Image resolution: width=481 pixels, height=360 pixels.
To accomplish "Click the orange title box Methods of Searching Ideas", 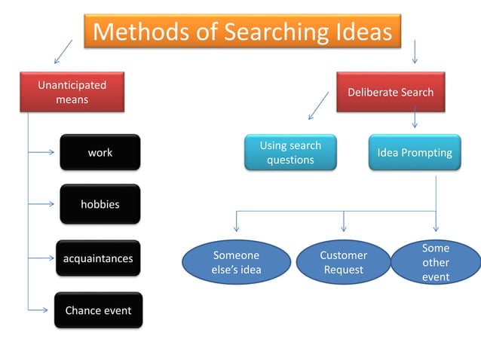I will (x=242, y=32).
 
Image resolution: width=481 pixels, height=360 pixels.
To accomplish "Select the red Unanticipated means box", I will (x=72, y=92).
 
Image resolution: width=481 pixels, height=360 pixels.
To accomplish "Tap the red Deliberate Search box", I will (x=390, y=92).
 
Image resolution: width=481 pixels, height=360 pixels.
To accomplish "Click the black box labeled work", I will (x=100, y=152).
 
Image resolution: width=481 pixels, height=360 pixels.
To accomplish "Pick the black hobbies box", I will (x=100, y=204).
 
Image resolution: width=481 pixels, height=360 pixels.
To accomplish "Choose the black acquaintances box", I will (x=98, y=258).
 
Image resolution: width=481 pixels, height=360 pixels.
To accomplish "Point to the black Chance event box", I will (x=98, y=310).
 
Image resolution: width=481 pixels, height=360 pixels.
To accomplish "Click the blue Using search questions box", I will (x=290, y=152).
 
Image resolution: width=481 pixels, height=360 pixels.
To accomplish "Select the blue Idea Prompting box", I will (x=414, y=152).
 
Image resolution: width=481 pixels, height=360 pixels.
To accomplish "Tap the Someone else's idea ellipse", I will (x=237, y=263).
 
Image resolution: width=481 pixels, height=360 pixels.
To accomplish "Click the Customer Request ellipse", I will (x=343, y=263).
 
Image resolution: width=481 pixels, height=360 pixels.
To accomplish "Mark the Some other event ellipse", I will (x=435, y=263).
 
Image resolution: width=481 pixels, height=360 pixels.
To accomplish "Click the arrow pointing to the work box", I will (x=44, y=152).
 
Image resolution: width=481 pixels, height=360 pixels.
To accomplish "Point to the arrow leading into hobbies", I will (x=44, y=204).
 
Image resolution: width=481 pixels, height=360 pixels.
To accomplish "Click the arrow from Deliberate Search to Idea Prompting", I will (x=415, y=120).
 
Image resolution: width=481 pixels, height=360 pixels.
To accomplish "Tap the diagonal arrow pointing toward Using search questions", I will (x=319, y=106).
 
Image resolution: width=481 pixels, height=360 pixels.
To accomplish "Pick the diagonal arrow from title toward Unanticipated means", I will (x=63, y=52).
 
